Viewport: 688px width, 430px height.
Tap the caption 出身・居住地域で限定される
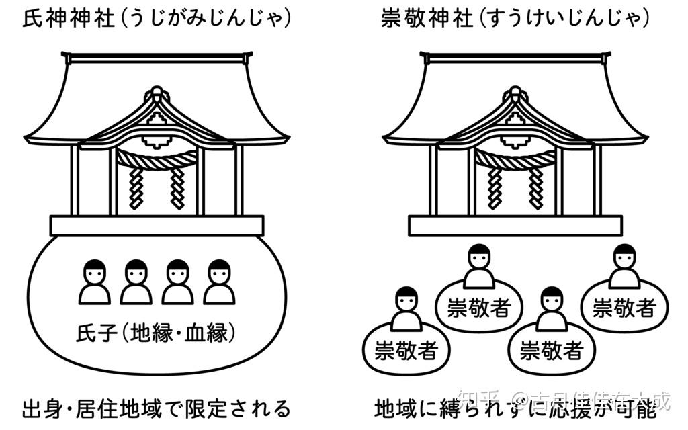click(156, 408)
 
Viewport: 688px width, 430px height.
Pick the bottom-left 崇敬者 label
click(405, 350)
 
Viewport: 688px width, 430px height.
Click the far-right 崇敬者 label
click(624, 308)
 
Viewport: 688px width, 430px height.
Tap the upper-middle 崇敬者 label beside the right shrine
click(479, 308)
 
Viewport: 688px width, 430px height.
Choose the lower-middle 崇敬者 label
click(551, 350)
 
